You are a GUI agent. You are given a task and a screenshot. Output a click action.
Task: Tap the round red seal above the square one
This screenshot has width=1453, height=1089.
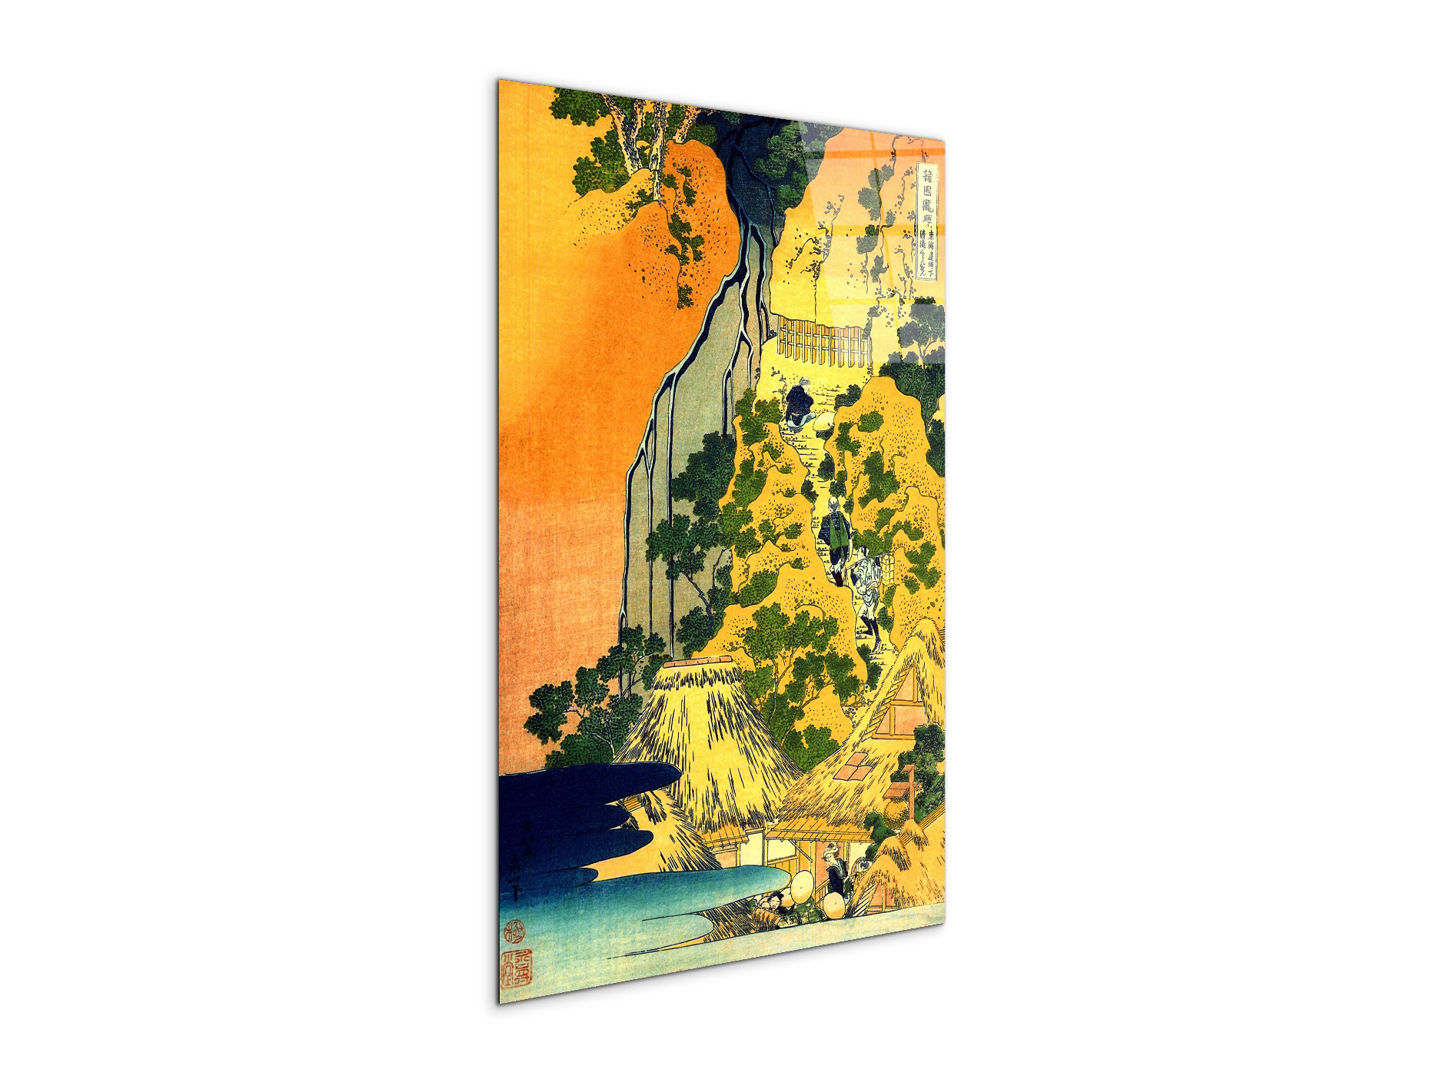coord(513,933)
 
